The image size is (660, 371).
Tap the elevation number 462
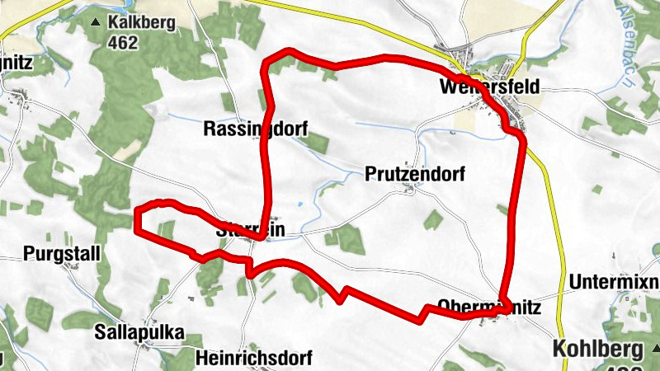pyautogui.click(x=122, y=41)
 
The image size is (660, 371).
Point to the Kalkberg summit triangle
pyautogui.click(x=97, y=22)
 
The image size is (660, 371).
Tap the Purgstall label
pyautogui.click(x=61, y=253)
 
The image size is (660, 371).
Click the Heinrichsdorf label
pyautogui.click(x=254, y=359)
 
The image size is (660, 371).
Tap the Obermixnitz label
pyautogui.click(x=488, y=308)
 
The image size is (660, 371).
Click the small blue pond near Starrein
pyautogui.click(x=300, y=204)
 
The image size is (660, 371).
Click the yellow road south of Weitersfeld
pyautogui.click(x=545, y=190)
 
